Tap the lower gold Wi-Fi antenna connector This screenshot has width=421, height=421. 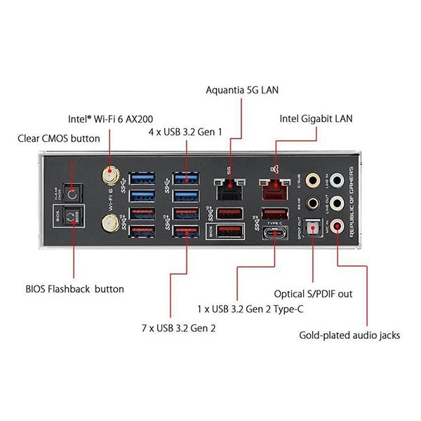tap(110, 224)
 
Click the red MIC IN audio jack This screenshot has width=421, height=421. tap(338, 226)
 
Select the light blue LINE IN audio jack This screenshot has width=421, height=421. tap(338, 180)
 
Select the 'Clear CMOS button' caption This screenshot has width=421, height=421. tap(59, 139)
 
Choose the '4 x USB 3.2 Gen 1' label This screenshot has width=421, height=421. tap(186, 131)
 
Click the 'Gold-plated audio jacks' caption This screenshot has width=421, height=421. tap(349, 335)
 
